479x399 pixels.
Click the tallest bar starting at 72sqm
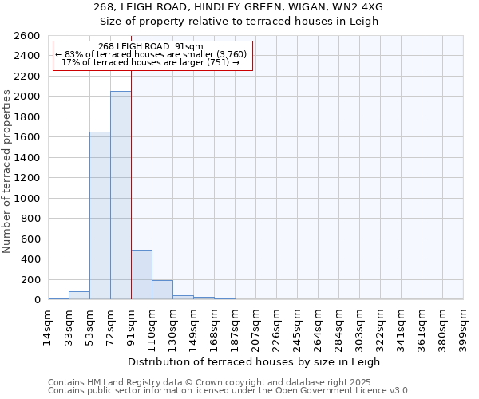[x=121, y=196]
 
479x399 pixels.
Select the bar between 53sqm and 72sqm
[x=100, y=215]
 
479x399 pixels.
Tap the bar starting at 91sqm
[x=141, y=275]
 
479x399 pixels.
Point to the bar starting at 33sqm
[x=79, y=295]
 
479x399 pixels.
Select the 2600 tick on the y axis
[x=28, y=36]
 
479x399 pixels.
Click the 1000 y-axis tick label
[x=28, y=198]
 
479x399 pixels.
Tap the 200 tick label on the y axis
[x=31, y=279]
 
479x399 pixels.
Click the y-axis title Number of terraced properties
[x=8, y=172]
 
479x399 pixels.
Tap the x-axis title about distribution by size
[x=255, y=361]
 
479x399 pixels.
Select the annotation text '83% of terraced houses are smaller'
[x=152, y=54]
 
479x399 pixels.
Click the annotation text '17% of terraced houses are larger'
[x=152, y=62]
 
